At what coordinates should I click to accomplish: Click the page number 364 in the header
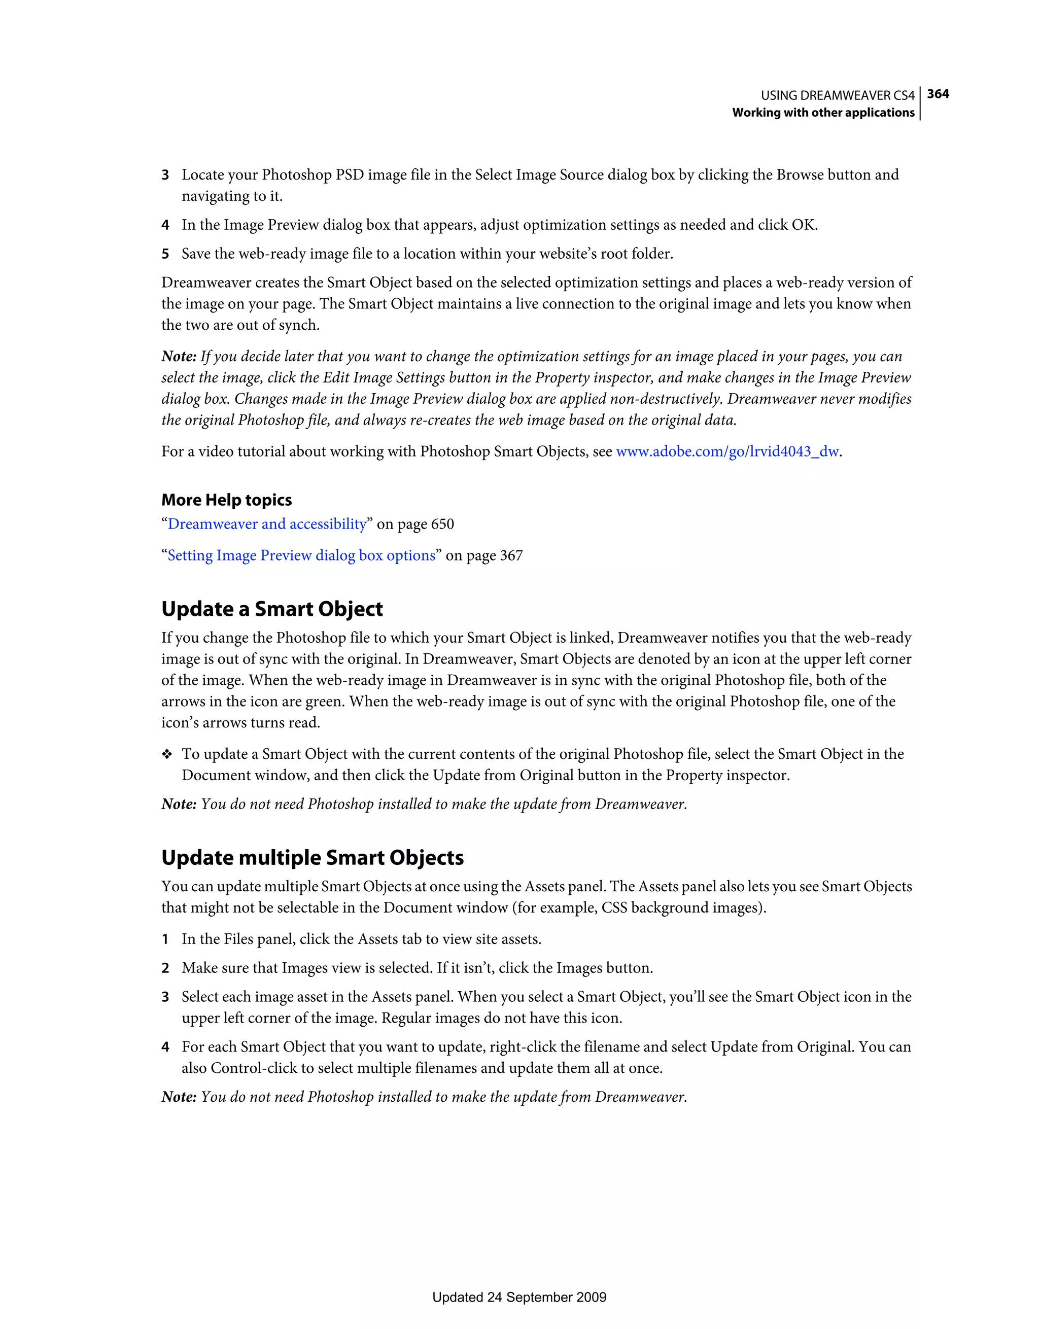pyautogui.click(x=938, y=94)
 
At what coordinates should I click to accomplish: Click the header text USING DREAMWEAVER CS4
pyautogui.click(x=838, y=95)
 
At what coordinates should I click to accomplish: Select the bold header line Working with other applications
pyautogui.click(x=823, y=113)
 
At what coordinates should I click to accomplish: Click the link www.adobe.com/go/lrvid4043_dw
pyautogui.click(x=728, y=451)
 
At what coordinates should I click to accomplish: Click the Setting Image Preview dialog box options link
pyautogui.click(x=301, y=555)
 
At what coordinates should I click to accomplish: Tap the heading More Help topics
pyautogui.click(x=226, y=500)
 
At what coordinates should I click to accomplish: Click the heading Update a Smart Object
pyautogui.click(x=272, y=609)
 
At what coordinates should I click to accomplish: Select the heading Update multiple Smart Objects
pyautogui.click(x=312, y=857)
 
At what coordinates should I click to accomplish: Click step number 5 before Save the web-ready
pyautogui.click(x=165, y=254)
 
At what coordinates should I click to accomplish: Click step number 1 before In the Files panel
pyautogui.click(x=165, y=939)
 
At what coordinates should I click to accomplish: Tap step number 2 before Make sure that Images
pyautogui.click(x=165, y=968)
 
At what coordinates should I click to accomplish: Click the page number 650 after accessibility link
pyautogui.click(x=442, y=524)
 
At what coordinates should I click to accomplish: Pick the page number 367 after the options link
pyautogui.click(x=511, y=556)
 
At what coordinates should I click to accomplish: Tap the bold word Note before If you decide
pyautogui.click(x=178, y=357)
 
